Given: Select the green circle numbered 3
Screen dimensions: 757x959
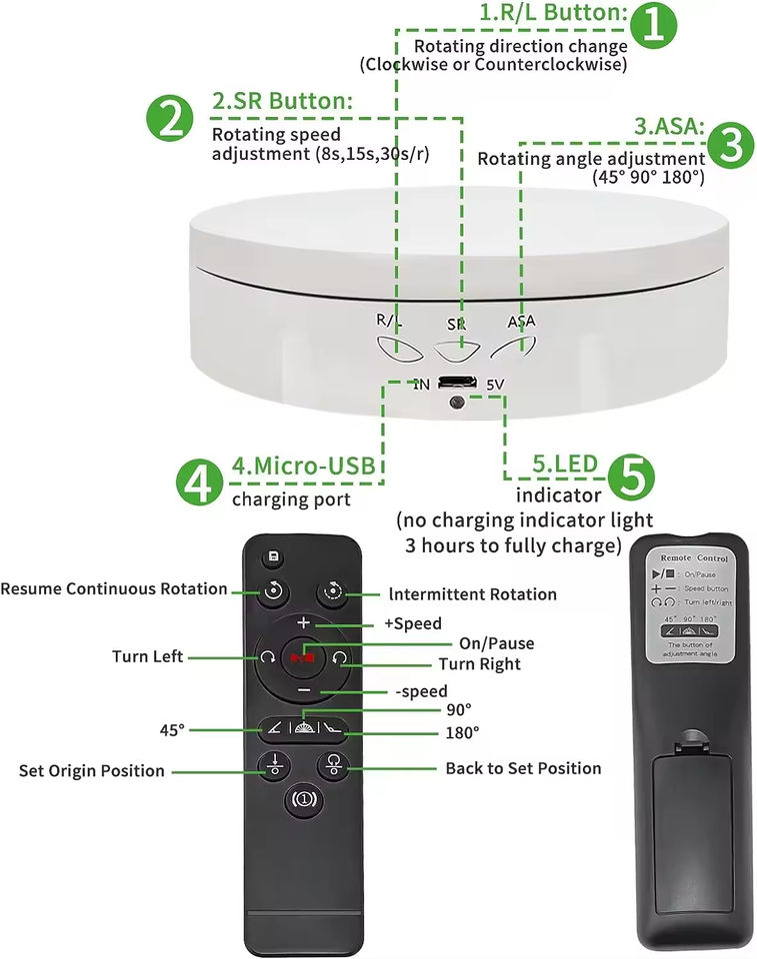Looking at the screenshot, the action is pos(731,145).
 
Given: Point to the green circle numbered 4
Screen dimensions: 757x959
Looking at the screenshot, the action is pos(200,482).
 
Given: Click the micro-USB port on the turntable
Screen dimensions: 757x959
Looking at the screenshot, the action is pos(457,382).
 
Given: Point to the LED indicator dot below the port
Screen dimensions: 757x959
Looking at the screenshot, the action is pos(457,403).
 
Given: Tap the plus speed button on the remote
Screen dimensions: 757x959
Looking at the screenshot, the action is pos(303,622).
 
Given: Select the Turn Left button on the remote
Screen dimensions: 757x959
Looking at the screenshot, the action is pos(267,657).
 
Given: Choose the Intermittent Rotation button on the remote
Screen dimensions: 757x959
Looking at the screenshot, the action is pos(332,592).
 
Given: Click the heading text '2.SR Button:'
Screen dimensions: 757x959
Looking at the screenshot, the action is pos(282,101).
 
